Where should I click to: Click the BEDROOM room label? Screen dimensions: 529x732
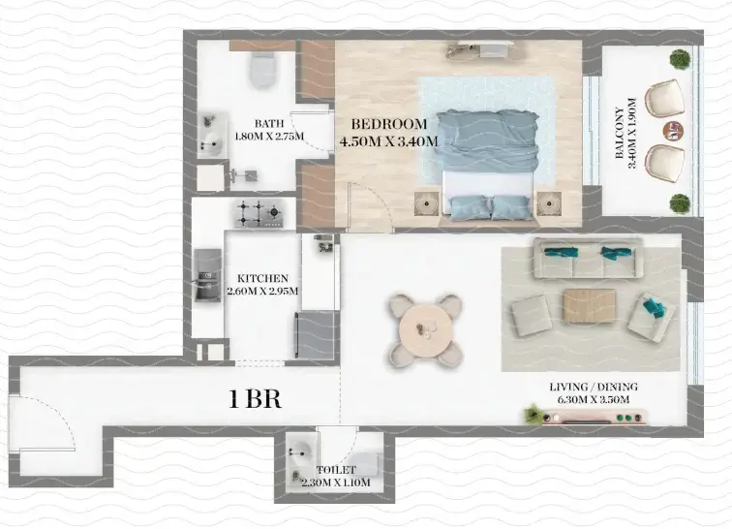[388, 124]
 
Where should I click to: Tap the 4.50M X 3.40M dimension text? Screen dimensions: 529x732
[388, 141]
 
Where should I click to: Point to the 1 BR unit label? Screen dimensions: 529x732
[255, 398]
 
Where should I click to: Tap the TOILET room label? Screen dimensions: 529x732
[335, 470]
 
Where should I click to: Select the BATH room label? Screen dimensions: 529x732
[268, 124]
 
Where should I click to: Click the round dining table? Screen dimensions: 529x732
[424, 330]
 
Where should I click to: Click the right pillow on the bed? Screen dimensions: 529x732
[510, 206]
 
